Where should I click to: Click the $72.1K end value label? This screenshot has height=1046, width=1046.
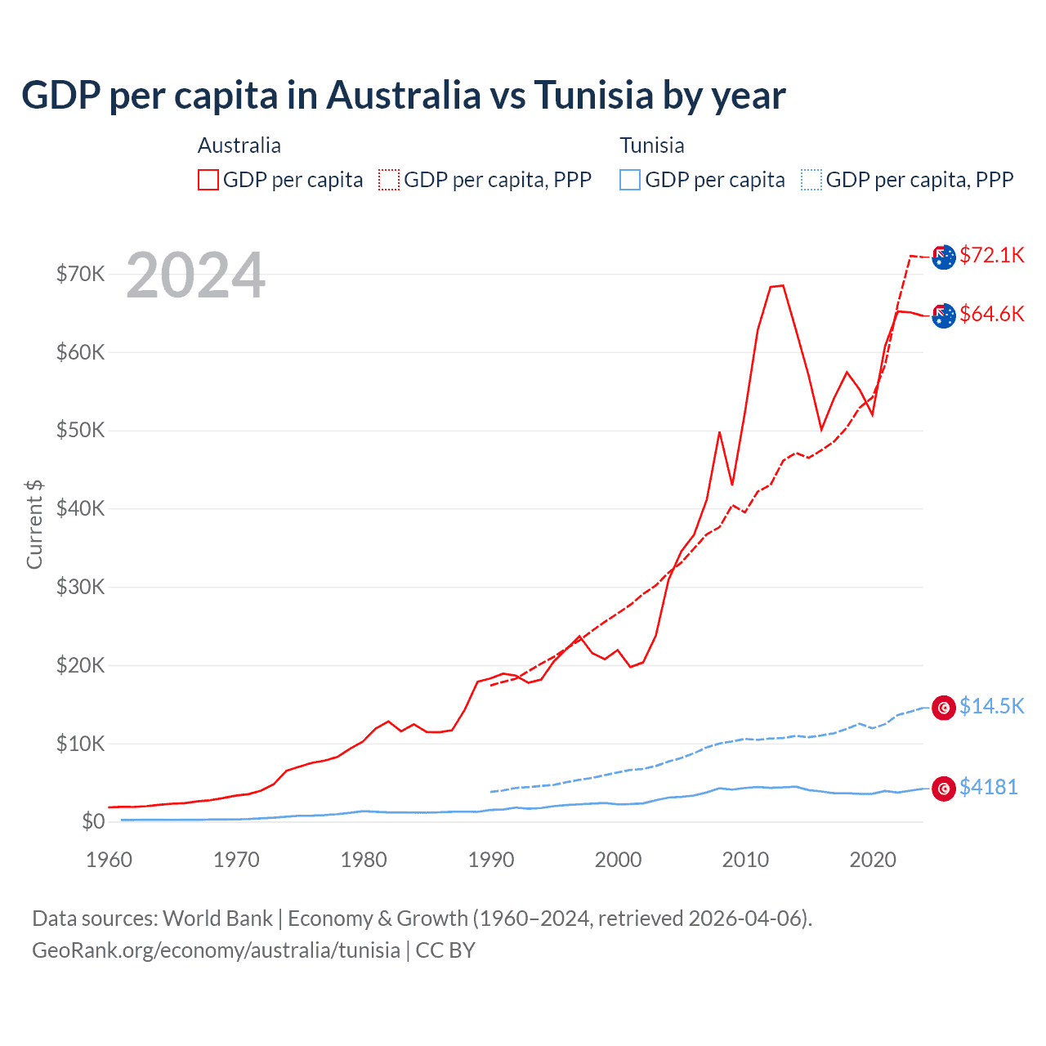click(991, 255)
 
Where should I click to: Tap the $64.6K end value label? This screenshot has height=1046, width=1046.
click(991, 314)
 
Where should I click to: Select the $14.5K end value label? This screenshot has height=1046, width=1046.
click(991, 706)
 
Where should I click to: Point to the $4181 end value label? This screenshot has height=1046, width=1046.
click(988, 787)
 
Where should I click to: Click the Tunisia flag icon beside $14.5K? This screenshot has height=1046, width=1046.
click(944, 708)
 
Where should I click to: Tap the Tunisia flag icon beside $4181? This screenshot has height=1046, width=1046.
click(944, 788)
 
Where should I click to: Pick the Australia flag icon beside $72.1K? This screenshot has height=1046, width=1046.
click(944, 257)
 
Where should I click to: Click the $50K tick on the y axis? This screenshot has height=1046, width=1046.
click(80, 431)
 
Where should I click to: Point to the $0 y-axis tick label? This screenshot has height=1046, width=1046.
click(93, 821)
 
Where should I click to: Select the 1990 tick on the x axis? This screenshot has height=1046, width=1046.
click(491, 860)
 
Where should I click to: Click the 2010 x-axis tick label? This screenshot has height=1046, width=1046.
click(745, 860)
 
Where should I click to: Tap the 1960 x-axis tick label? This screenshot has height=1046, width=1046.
click(109, 860)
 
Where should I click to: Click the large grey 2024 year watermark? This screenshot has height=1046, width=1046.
click(195, 275)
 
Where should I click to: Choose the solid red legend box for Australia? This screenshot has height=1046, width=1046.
click(208, 180)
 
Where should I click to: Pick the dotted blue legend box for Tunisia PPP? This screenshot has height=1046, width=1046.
click(811, 180)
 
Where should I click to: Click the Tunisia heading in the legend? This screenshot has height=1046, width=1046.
click(651, 145)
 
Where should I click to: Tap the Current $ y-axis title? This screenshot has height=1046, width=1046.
click(34, 524)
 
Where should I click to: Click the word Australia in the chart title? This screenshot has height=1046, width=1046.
click(404, 95)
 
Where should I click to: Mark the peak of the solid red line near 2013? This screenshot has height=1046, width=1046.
click(782, 285)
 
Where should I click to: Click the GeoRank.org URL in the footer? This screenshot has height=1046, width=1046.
click(216, 950)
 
